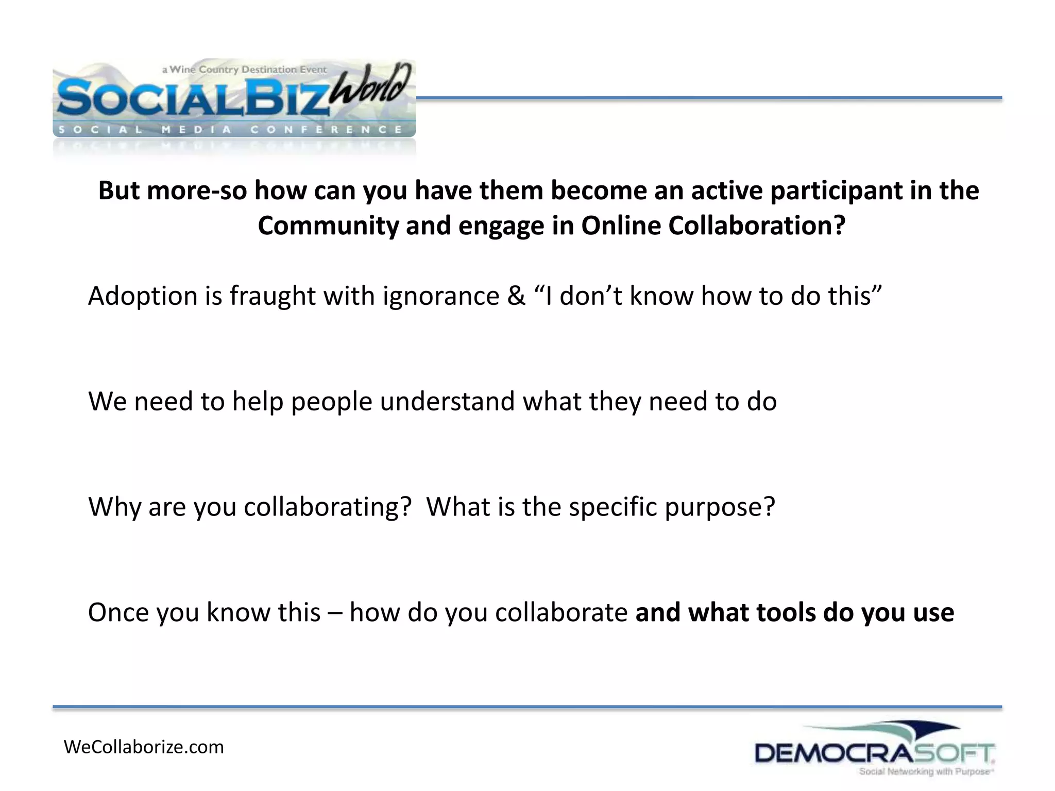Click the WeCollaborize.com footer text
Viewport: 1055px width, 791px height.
(144, 747)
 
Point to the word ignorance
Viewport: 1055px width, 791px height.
(440, 296)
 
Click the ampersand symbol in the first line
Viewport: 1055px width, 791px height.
(516, 296)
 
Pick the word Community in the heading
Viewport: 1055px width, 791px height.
(328, 226)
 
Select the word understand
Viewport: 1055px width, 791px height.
(447, 401)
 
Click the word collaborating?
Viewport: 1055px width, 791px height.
(328, 507)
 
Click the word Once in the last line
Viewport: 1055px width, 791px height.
(118, 613)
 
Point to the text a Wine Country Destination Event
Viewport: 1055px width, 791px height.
(244, 70)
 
